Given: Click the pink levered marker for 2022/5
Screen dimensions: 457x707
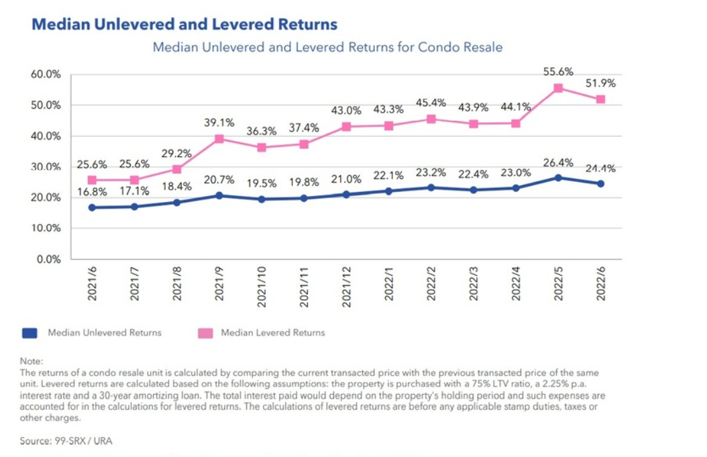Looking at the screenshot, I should tap(558, 88).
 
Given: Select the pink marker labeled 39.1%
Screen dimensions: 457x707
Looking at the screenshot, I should tap(219, 139).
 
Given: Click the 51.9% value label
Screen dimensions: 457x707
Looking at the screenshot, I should tap(600, 83).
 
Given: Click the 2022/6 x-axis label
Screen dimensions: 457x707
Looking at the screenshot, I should tap(600, 285).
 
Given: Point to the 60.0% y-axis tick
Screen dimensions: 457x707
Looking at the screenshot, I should tap(46, 74).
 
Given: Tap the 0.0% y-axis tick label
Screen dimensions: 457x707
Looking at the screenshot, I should tap(49, 259).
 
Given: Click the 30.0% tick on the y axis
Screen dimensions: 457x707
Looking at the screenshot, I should tap(46, 167).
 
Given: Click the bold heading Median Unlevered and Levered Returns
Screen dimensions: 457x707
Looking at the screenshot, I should tap(184, 25).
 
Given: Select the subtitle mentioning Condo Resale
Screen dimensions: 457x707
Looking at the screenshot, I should tap(327, 48).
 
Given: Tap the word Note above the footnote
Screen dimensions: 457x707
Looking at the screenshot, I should tap(30, 361).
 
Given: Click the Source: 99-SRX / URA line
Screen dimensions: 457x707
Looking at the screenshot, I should tap(65, 442).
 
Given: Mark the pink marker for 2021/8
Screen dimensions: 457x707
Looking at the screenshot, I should tap(176, 169).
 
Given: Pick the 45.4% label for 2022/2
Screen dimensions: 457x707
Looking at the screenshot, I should tap(431, 103).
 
